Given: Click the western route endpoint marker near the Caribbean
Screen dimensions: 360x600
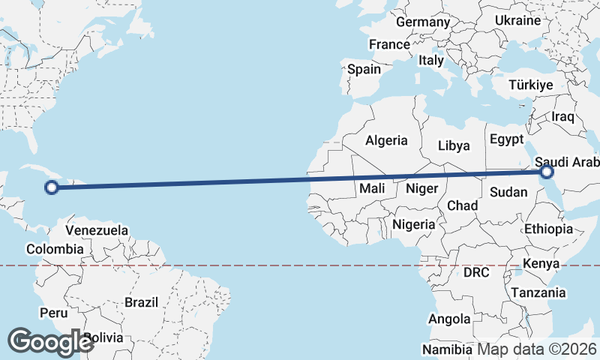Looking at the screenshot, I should (x=52, y=187).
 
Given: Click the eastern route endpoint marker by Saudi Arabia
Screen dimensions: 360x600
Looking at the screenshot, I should (x=546, y=172).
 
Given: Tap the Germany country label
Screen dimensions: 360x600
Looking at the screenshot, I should (x=422, y=22).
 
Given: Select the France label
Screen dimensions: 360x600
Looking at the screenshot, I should (x=389, y=45).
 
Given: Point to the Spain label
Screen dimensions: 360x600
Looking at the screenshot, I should (x=364, y=69).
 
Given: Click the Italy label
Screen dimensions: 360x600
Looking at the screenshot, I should (x=431, y=60).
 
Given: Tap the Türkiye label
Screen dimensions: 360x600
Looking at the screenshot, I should (x=531, y=85).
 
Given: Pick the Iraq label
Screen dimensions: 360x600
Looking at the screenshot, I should (x=562, y=117).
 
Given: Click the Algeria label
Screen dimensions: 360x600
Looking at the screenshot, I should (x=386, y=140).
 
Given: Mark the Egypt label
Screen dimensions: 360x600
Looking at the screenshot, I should (x=506, y=139).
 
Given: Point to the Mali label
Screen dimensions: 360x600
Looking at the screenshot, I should (x=372, y=188).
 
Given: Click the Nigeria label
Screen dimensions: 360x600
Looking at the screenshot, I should (x=414, y=224).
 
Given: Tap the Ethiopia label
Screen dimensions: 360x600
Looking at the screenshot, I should (x=548, y=229).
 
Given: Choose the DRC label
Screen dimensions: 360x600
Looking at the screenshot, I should (x=476, y=272).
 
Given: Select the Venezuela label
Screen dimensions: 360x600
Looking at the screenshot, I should (x=97, y=230).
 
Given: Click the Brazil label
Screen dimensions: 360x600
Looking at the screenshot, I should (x=142, y=302).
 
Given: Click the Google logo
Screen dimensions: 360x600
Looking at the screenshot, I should (x=50, y=342).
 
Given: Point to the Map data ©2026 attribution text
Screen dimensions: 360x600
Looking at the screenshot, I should (x=538, y=349).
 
